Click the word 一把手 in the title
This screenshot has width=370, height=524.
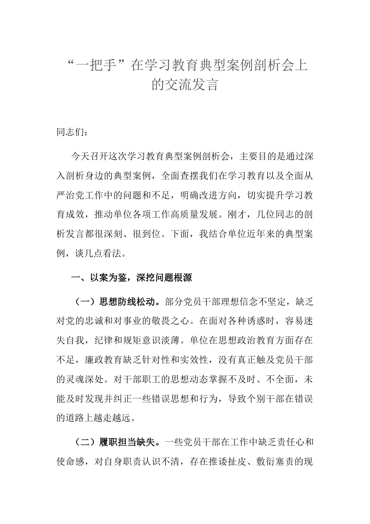pyautogui.click(x=99, y=65)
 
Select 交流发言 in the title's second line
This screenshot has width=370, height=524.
pyautogui.click(x=192, y=85)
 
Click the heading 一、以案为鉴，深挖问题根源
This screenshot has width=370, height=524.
pyautogui.click(x=131, y=278)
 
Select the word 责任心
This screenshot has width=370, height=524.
pyautogui.click(x=289, y=442)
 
